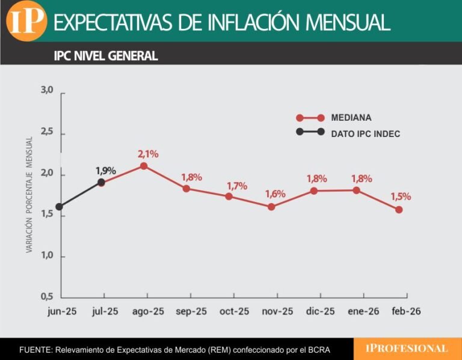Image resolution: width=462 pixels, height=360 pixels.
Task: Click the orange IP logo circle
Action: click(x=26, y=21)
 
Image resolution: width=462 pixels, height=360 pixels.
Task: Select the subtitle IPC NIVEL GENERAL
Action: click(x=106, y=56)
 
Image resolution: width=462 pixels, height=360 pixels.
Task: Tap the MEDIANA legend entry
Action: click(x=351, y=118)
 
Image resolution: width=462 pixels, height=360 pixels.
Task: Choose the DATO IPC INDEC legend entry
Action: click(x=365, y=133)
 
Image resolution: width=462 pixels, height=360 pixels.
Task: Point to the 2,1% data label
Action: click(x=148, y=154)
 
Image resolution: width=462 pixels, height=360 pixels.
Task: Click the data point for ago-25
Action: click(x=144, y=166)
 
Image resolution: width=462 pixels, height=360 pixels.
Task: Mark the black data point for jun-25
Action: click(x=59, y=207)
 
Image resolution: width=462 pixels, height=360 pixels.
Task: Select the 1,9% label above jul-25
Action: click(x=105, y=170)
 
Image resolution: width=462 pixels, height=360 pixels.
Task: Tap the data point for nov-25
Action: click(x=271, y=207)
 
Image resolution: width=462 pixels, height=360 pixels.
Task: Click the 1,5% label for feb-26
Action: click(x=400, y=197)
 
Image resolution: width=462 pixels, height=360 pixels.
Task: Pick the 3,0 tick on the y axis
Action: click(x=47, y=90)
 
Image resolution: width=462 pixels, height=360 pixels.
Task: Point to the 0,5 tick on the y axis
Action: click(x=47, y=297)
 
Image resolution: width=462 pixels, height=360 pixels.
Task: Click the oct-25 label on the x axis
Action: click(x=234, y=311)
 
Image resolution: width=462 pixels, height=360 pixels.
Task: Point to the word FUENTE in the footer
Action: click(x=35, y=350)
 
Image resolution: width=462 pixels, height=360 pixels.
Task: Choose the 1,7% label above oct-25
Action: click(x=236, y=186)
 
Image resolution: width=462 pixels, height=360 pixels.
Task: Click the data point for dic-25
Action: click(x=314, y=191)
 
